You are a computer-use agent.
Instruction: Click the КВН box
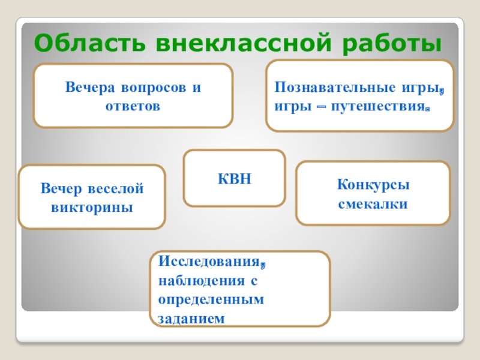[234, 178]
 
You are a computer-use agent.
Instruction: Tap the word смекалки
[373, 203]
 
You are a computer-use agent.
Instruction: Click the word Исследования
[209, 262]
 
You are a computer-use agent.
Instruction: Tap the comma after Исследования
[263, 265]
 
